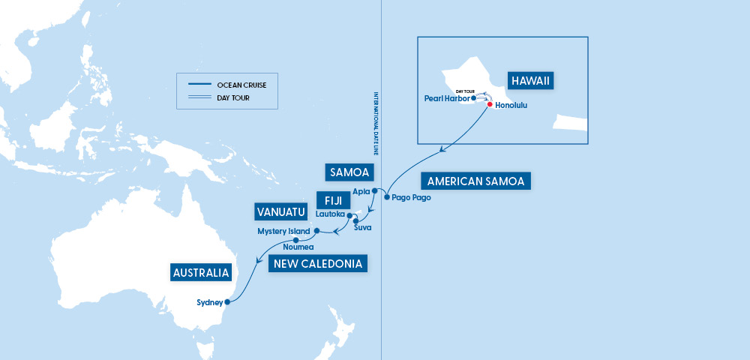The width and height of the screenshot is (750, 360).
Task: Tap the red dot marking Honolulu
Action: tap(490, 105)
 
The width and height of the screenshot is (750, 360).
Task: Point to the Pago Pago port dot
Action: tap(386, 197)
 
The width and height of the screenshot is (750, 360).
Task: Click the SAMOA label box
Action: tap(349, 172)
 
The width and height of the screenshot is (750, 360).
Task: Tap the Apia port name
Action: tap(361, 191)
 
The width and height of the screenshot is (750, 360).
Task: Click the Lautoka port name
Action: tap(330, 214)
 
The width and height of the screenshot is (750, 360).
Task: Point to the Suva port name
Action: tap(362, 226)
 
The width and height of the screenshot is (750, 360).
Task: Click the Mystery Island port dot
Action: tap(316, 230)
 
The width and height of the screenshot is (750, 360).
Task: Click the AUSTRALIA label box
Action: tap(200, 273)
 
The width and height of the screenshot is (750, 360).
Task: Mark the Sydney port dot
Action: tap(226, 303)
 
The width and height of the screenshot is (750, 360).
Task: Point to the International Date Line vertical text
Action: tap(376, 124)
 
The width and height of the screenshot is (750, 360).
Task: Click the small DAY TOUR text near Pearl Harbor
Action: tap(466, 91)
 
